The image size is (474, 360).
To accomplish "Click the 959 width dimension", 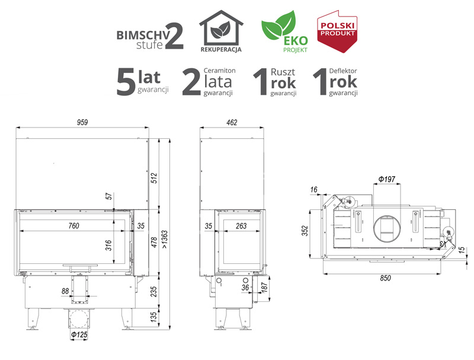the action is tap(82, 122).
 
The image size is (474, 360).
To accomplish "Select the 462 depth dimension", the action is tap(232, 123).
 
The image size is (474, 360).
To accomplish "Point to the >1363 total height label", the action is tap(165, 239).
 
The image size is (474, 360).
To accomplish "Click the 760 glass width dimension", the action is tap(73, 226).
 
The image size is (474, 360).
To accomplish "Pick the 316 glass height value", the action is tap(108, 245).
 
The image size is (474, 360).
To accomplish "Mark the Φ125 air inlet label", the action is tap(79, 334).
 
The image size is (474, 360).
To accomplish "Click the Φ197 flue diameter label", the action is tap(387, 179).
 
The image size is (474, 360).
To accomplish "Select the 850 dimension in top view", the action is tap(386, 278).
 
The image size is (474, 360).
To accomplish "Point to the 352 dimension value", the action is tap(305, 231).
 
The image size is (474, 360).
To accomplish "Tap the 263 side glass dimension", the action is tap(241, 226).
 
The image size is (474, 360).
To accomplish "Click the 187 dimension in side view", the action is tap(264, 288).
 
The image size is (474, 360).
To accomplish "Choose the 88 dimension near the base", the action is tap(65, 291).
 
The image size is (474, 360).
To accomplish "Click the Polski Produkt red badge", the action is tap(337, 31).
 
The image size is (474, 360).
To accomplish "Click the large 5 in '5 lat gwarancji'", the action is tap(126, 82).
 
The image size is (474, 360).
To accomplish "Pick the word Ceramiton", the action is tap(219, 71).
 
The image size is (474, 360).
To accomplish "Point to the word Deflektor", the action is tap(343, 71).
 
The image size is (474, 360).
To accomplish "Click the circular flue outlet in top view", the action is tap(387, 228).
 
